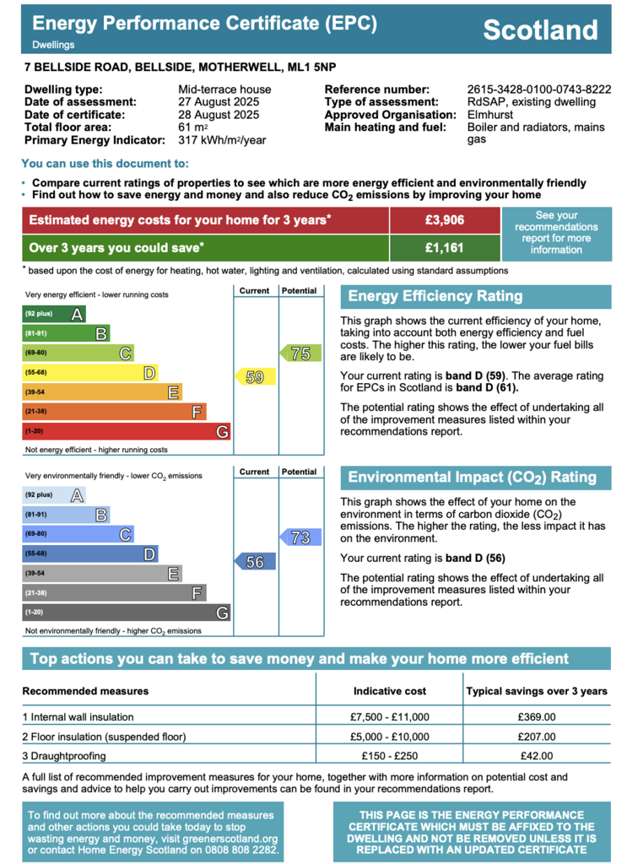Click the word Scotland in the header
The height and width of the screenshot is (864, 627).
coord(540,30)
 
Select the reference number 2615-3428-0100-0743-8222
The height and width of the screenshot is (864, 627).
coord(539,89)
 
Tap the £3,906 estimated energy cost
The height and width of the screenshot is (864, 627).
coord(445,220)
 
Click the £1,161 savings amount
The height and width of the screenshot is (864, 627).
coord(445,248)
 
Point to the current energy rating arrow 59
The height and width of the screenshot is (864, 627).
coord(255,377)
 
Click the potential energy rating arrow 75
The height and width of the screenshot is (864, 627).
coord(300,354)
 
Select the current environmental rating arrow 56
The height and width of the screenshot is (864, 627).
coord(255,561)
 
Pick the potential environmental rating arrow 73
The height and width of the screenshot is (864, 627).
coord(300,537)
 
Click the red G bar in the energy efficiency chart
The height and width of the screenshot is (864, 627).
coord(127,431)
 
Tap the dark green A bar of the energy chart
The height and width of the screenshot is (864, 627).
coord(54,314)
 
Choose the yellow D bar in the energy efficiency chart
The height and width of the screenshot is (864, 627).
coord(90,372)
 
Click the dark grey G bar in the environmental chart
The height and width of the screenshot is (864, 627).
coord(127,613)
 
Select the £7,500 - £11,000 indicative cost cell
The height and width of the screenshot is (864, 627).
coord(390,717)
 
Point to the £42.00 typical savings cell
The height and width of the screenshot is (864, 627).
coord(537,756)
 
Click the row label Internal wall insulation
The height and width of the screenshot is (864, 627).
coord(78,717)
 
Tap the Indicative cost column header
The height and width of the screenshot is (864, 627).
coord(390,691)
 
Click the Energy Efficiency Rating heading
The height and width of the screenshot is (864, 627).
coord(435,296)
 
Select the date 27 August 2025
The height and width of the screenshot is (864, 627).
coord(219,102)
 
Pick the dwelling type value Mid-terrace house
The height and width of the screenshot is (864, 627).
coord(224,89)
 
